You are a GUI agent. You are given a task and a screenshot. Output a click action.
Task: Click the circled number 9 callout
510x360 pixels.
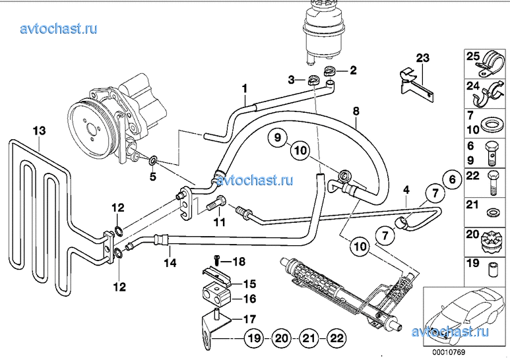click(x=278, y=137)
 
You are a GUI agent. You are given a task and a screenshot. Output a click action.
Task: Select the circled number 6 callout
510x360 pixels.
click(x=452, y=179)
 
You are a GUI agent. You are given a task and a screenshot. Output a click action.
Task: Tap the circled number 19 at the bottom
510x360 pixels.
click(x=255, y=338)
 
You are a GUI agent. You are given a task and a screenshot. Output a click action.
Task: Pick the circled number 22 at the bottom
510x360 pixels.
click(x=336, y=338)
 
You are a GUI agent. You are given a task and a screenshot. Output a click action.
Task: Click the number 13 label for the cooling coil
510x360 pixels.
click(x=39, y=131)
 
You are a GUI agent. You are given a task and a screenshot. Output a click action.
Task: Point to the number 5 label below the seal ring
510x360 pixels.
click(x=153, y=177)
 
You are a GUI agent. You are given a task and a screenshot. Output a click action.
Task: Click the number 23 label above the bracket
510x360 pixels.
click(x=423, y=58)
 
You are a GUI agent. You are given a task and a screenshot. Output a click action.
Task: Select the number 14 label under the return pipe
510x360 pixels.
click(x=170, y=262)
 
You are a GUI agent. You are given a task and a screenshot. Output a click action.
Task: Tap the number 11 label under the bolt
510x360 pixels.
click(x=219, y=223)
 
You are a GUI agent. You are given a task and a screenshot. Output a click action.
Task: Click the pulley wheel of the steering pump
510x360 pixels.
click(x=93, y=130)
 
